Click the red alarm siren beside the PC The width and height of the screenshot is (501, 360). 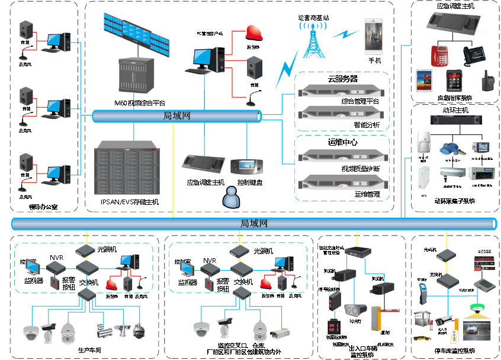point(254,33)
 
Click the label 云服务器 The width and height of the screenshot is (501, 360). point(342,79)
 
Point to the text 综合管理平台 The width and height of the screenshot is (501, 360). point(359,101)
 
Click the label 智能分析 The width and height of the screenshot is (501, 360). point(371,125)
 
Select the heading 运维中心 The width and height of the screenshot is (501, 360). point(342,143)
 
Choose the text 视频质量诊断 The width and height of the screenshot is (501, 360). point(360,169)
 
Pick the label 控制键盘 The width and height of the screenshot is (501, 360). point(249,182)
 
